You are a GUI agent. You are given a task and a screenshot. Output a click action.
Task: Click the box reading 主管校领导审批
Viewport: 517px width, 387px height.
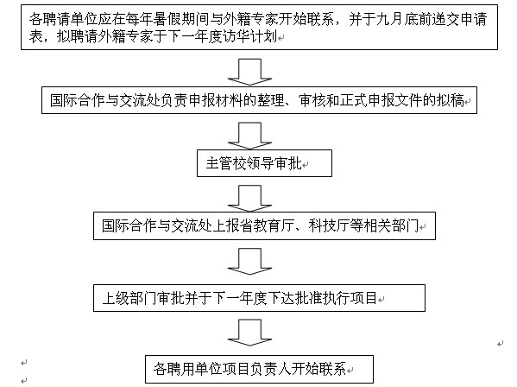(x=264, y=163)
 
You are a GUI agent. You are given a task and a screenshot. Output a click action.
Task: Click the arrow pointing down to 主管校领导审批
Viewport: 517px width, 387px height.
(x=249, y=136)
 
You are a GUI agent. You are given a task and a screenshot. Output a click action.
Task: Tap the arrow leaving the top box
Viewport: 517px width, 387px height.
(x=249, y=73)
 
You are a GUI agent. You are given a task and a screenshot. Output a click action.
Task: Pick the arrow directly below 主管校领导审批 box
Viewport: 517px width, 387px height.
(x=249, y=199)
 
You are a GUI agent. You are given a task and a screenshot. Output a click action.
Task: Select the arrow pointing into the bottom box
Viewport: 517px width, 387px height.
(x=249, y=333)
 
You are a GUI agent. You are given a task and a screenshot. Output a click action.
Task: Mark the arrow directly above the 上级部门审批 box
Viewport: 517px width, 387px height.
(x=249, y=262)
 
